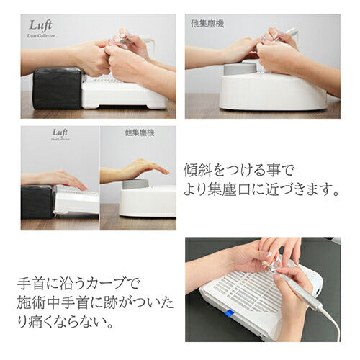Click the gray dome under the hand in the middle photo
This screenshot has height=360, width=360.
coord(135,185)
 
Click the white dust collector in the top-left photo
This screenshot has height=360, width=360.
coord(122,94)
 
